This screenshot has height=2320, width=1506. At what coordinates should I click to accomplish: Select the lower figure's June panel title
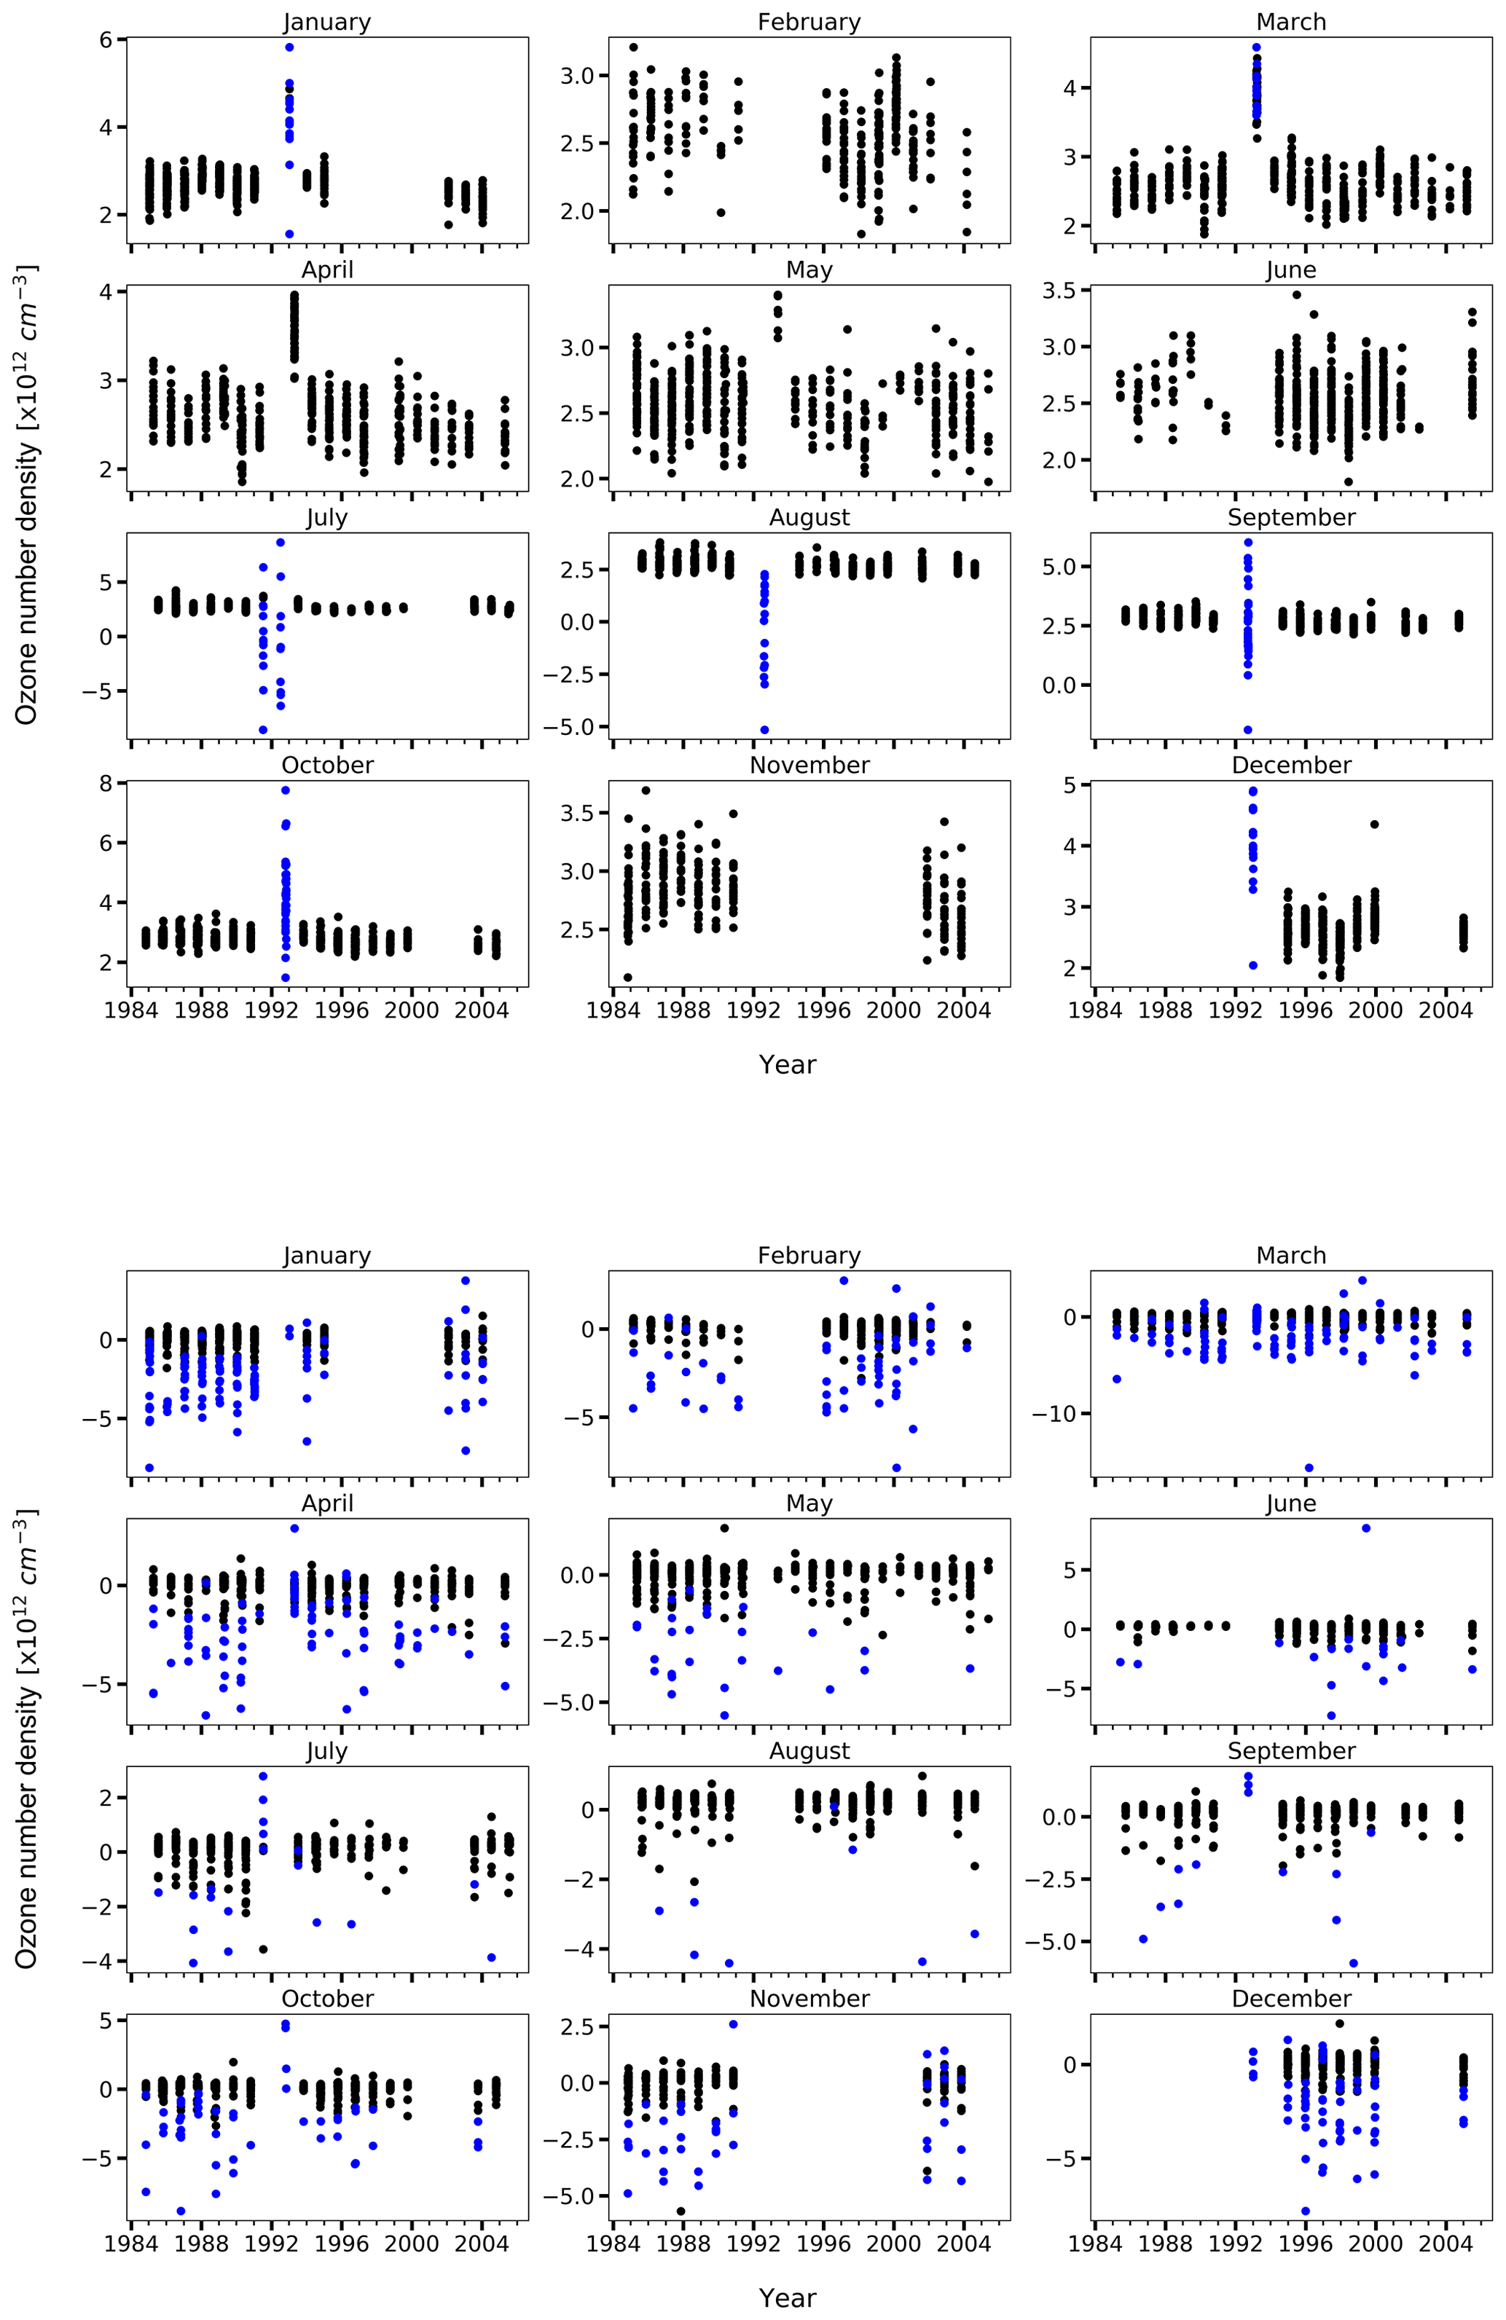point(1290,1503)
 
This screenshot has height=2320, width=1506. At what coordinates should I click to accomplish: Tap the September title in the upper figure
point(1290,518)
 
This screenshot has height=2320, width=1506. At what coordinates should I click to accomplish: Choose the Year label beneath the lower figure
point(787,2297)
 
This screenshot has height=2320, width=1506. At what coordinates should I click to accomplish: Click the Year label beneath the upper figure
point(787,1064)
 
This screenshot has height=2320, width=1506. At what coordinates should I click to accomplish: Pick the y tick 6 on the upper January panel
point(106,39)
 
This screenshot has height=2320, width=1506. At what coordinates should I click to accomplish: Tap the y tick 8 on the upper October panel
point(106,783)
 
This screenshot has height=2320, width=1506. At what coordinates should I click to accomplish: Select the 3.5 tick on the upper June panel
point(1059,291)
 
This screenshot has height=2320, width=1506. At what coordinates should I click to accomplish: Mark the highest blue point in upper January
point(289,47)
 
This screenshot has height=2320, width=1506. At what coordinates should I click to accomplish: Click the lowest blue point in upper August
point(764,729)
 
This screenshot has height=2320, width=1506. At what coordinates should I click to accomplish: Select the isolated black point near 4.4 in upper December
point(1374,824)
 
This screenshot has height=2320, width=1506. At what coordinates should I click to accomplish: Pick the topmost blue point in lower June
point(1365,1527)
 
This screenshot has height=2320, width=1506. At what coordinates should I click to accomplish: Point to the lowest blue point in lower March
point(1309,1467)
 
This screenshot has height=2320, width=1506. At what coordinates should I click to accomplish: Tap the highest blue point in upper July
point(281,543)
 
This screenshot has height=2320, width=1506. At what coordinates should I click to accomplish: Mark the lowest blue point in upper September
point(1247,729)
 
